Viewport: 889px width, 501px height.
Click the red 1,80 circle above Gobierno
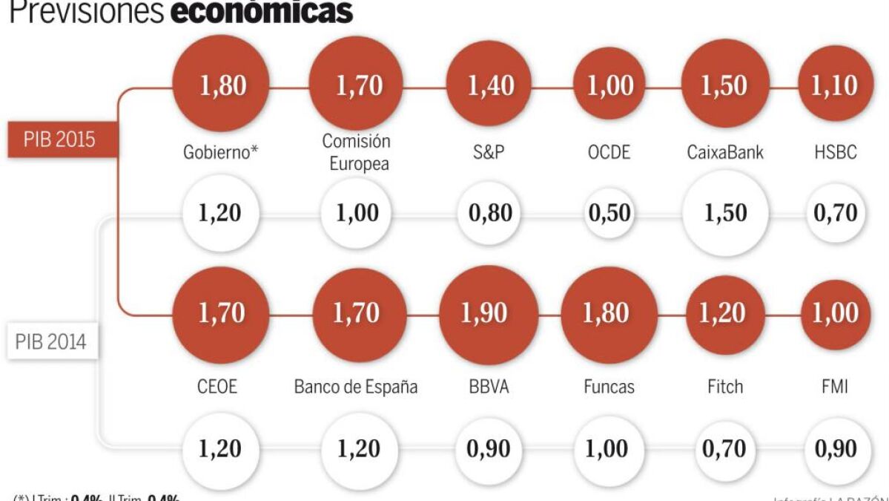click(219, 85)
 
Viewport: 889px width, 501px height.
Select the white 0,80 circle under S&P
click(489, 214)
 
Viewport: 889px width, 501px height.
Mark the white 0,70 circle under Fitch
click(724, 449)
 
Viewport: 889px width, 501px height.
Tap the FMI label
click(836, 387)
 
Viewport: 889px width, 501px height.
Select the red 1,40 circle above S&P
click(490, 86)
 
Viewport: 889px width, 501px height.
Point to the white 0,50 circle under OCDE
click(609, 214)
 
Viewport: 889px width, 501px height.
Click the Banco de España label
click(356, 387)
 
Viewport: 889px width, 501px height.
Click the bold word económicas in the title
click(262, 11)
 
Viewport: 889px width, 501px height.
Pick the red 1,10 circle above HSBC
click(835, 86)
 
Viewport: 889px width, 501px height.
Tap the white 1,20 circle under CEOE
click(219, 449)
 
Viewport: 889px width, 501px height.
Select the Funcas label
click(609, 387)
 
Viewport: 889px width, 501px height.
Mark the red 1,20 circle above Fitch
click(724, 314)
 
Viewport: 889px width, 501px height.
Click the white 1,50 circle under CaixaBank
click(724, 214)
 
